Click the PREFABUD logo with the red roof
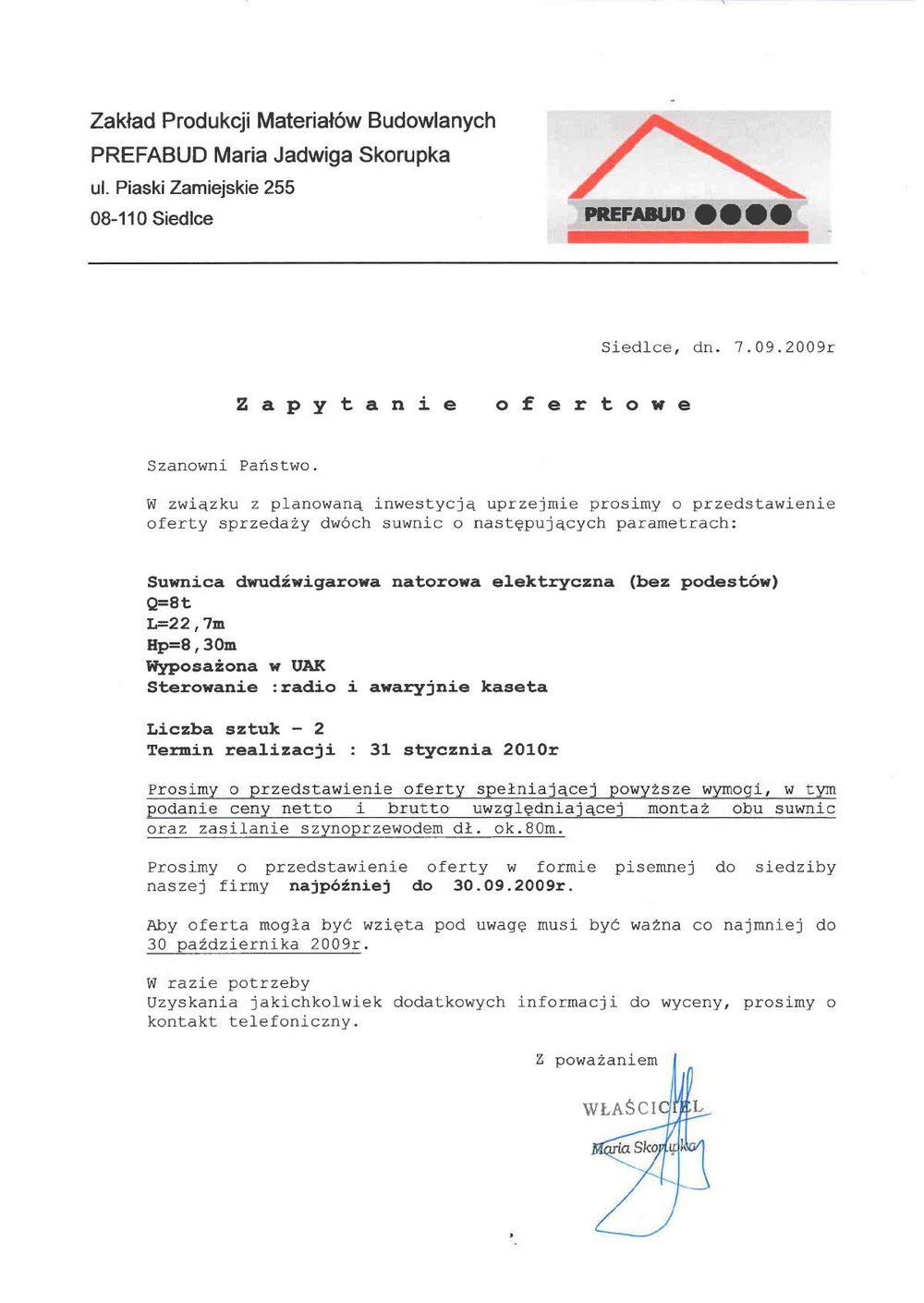tap(688, 177)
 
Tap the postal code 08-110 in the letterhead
tap(118, 219)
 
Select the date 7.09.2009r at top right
tap(784, 347)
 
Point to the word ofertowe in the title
tap(593, 405)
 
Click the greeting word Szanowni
tap(187, 466)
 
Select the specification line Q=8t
tap(169, 603)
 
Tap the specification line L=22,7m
tap(186, 624)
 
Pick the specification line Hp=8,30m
tap(191, 645)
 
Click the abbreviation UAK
tap(308, 666)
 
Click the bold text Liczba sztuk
tap(213, 729)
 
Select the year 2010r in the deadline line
tap(530, 750)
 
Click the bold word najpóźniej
tap(340, 886)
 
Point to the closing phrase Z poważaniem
tap(596, 1061)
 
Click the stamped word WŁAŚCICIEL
tap(642, 1107)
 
